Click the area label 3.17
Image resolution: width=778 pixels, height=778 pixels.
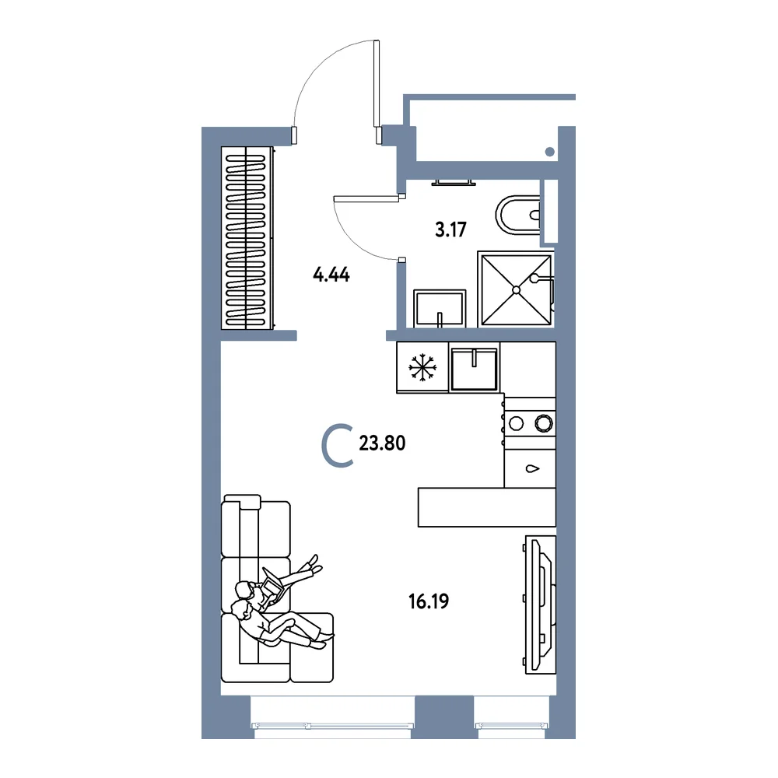point(450,230)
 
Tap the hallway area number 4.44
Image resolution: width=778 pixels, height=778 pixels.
point(331,275)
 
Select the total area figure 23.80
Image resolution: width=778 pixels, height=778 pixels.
point(382,443)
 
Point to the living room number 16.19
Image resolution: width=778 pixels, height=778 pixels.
point(429,601)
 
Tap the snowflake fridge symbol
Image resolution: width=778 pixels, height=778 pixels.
point(422,367)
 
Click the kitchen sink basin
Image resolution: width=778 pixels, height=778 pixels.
point(475,368)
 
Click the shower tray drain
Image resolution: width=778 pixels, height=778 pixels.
point(516,289)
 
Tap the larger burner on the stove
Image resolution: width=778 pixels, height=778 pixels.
point(544,423)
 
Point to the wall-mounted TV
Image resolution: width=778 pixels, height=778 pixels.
point(541,605)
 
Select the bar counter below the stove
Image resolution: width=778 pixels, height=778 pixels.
point(487,507)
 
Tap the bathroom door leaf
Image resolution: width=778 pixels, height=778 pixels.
point(366,199)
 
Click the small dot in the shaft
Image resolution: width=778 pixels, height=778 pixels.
point(550,152)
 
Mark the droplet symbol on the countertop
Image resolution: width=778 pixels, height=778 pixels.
point(532,468)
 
